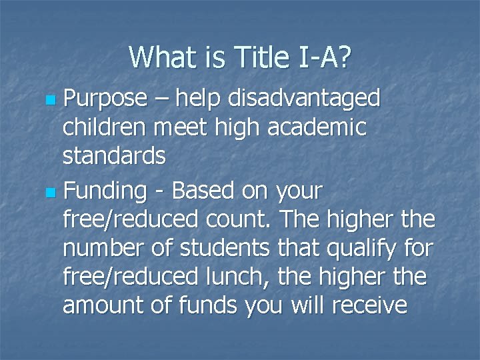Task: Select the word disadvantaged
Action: click(304, 99)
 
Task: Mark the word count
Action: click(247, 219)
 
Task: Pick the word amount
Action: click(101, 306)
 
